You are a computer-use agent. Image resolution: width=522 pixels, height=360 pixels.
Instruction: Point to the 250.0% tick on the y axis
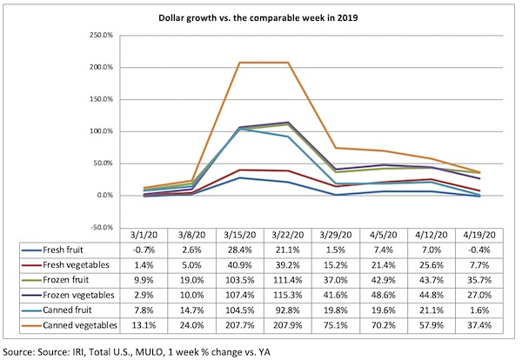tap(101, 36)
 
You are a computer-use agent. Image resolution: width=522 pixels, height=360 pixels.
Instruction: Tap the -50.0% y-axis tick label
tap(101, 227)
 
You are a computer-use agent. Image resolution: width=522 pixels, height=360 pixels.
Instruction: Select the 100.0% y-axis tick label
tap(101, 131)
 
